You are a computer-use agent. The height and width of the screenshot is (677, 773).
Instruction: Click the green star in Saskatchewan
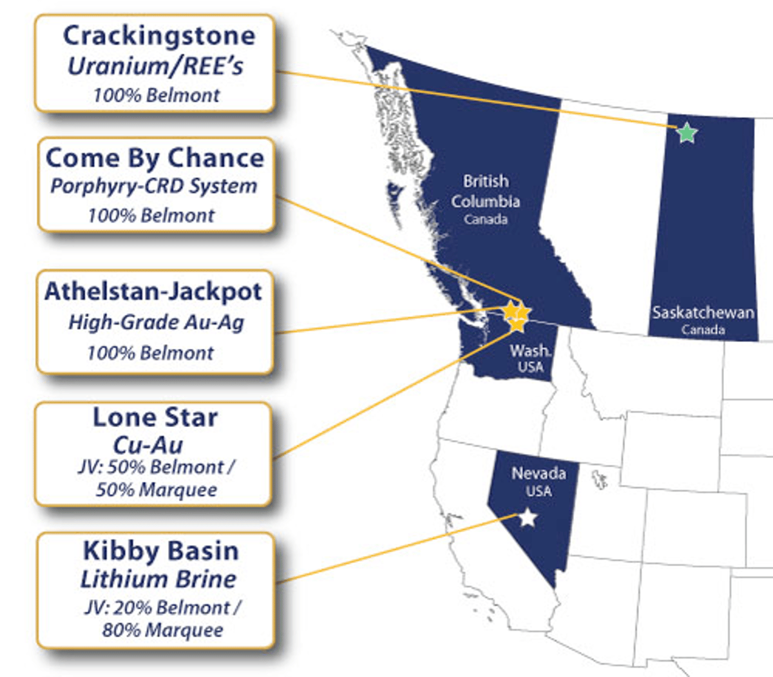coord(687,133)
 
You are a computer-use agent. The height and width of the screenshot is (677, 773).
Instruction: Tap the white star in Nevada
coord(528,517)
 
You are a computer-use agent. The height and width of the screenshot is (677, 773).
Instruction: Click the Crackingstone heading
coord(158,35)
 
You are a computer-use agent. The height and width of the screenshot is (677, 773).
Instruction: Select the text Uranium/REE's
coord(155,66)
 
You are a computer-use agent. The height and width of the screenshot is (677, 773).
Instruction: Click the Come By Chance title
coord(155,158)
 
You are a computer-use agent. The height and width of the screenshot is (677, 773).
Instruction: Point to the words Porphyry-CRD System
coord(154,187)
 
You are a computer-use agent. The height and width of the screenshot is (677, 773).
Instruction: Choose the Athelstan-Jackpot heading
coord(153,291)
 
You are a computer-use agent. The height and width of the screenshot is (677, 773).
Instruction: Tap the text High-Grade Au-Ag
coord(156,321)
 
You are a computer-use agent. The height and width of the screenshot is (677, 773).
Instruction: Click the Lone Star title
coord(155,417)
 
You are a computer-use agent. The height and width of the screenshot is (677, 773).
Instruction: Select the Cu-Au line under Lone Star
coord(148,444)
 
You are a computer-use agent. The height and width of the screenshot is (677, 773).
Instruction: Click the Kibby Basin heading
coord(161,551)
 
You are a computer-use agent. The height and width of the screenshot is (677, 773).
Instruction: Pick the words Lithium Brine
coord(158,578)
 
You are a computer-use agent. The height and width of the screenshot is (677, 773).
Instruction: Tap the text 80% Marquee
coord(163,630)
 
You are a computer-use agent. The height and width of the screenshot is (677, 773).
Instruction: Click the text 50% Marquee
coord(157,490)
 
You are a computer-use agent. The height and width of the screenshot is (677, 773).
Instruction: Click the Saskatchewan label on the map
coord(703,313)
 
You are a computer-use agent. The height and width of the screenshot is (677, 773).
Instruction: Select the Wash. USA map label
coord(530,358)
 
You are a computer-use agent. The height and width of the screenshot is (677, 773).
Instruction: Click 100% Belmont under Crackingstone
coord(157,95)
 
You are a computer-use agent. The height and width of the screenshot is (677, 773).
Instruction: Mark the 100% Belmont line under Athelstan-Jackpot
coord(150,353)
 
